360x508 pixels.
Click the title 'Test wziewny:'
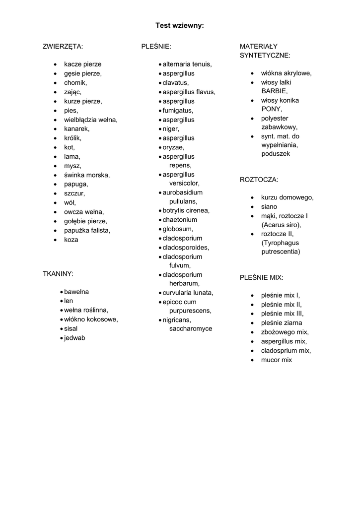click(180, 25)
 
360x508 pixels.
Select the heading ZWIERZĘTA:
click(63, 47)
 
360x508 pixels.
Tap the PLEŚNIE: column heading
click(156, 47)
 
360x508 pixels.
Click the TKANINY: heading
click(59, 273)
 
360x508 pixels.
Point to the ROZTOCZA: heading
click(259, 180)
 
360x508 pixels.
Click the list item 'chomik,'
click(75, 83)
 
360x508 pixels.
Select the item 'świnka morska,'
click(87, 175)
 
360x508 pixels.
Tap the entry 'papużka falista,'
click(87, 230)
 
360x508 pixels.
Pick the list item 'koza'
click(71, 240)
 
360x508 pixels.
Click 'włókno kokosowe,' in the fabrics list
click(91, 319)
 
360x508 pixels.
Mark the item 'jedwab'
click(74, 338)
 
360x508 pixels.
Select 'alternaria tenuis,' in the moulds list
click(187, 64)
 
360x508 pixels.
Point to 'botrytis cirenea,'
click(186, 210)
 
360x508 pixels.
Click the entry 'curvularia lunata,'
click(188, 293)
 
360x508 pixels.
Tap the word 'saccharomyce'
click(191, 328)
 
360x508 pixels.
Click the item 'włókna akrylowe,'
click(287, 73)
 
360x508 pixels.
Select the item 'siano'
click(269, 206)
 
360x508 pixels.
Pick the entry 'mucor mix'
click(277, 360)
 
